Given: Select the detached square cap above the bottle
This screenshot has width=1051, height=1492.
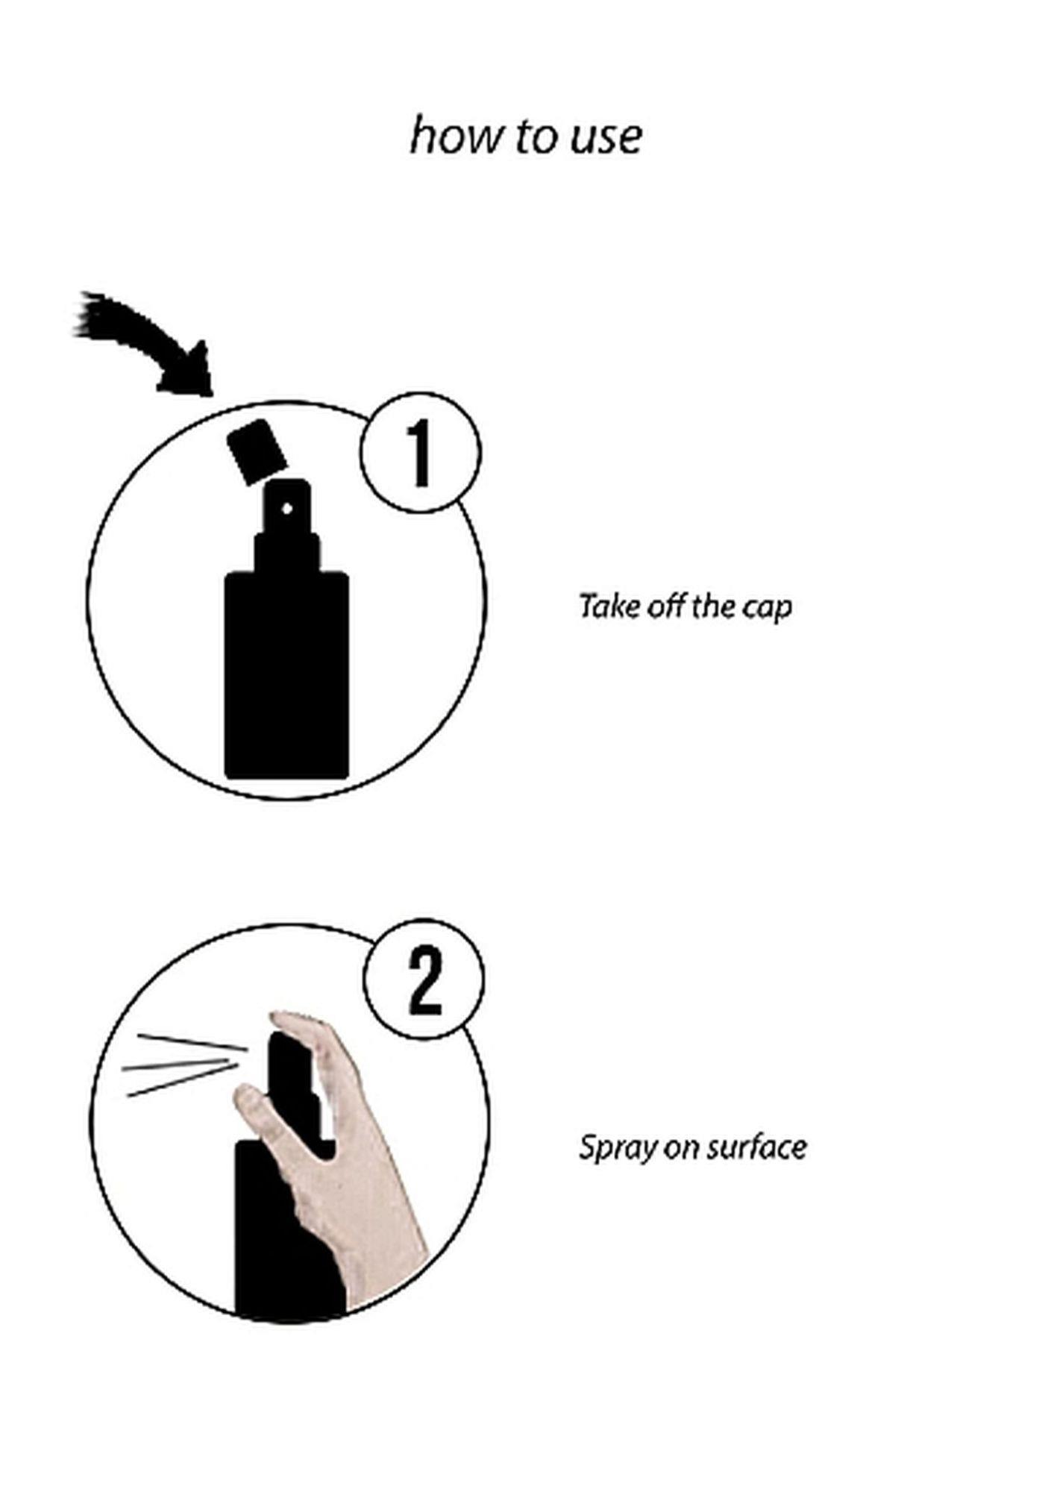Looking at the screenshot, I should click(257, 451).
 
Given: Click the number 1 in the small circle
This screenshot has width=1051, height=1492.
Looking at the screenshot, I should click(421, 454).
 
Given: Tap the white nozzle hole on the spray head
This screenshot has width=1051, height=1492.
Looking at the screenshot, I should click(287, 509).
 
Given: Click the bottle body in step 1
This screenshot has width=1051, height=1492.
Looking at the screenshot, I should click(287, 675).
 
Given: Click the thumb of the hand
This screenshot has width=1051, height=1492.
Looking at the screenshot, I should click(254, 1109).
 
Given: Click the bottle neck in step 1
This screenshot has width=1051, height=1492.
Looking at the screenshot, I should click(287, 552).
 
